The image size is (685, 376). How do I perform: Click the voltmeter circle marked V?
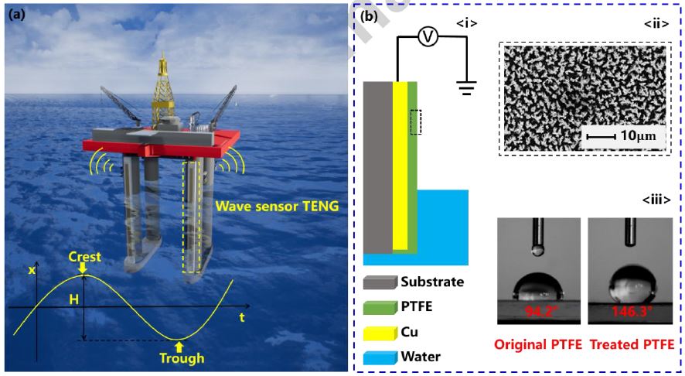(428, 37)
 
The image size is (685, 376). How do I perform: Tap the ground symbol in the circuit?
(466, 88)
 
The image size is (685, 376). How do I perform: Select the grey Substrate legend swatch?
(380, 282)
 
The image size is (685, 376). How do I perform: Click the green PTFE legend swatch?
(380, 307)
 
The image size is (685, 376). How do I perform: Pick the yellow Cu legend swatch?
(380, 333)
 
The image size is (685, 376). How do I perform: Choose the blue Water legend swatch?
(380, 357)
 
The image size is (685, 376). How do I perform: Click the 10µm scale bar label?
(638, 136)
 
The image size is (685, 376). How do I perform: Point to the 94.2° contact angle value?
(539, 311)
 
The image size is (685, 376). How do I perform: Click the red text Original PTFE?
(538, 344)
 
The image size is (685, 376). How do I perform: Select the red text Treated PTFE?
(632, 344)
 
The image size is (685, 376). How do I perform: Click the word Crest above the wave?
(85, 257)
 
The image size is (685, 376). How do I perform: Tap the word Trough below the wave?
(182, 358)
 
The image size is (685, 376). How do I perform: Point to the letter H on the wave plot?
(73, 299)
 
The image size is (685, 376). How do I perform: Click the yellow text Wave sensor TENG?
(277, 206)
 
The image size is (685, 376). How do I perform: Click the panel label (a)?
(16, 15)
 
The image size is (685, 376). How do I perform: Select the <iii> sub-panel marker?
(656, 200)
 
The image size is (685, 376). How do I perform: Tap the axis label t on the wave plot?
(241, 317)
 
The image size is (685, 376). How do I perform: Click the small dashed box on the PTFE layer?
(415, 122)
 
